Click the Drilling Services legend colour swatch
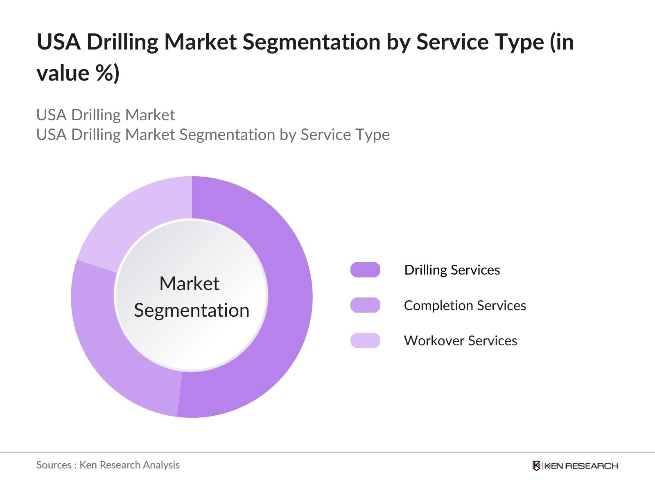(365, 270)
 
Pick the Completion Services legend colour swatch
(365, 305)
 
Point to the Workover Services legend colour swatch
(365, 340)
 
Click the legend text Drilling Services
(452, 270)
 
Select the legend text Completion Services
(465, 305)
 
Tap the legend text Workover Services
(461, 340)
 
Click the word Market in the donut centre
(189, 284)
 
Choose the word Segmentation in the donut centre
(192, 310)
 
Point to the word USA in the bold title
(58, 42)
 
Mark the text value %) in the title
(78, 73)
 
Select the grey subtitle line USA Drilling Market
(106, 115)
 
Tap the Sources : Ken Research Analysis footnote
(108, 465)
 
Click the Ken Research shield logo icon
(536, 466)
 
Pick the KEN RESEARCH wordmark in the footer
(580, 466)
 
